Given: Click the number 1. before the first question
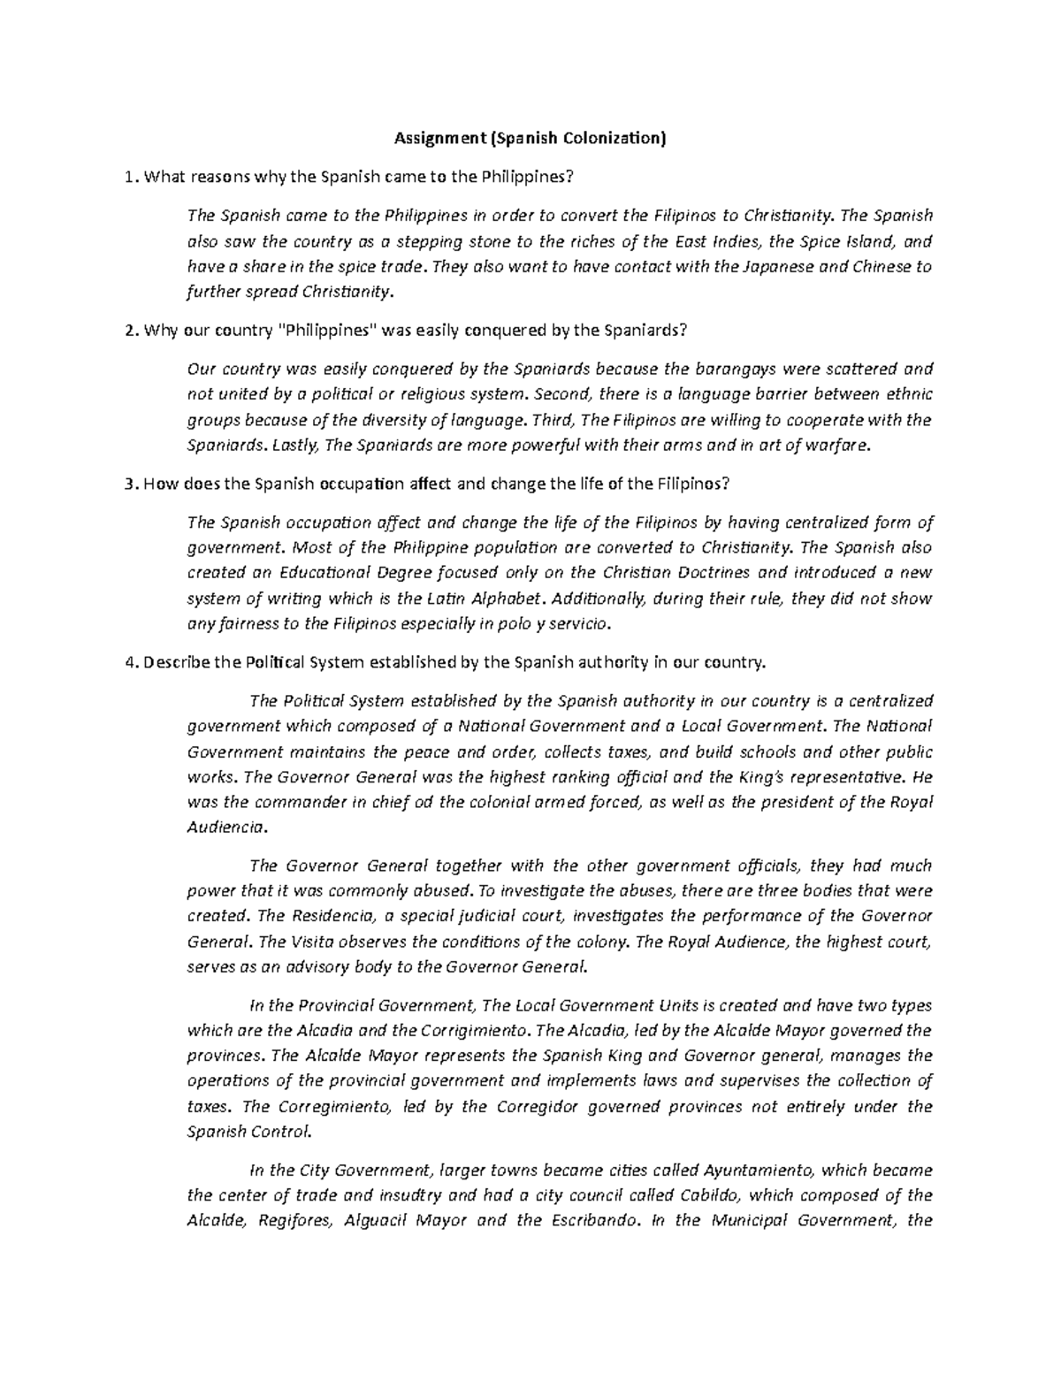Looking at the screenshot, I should coord(132,177).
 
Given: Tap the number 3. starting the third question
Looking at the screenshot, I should coord(132,484).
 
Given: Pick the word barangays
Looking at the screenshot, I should coord(732,369).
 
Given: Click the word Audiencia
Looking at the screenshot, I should coord(225,828).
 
